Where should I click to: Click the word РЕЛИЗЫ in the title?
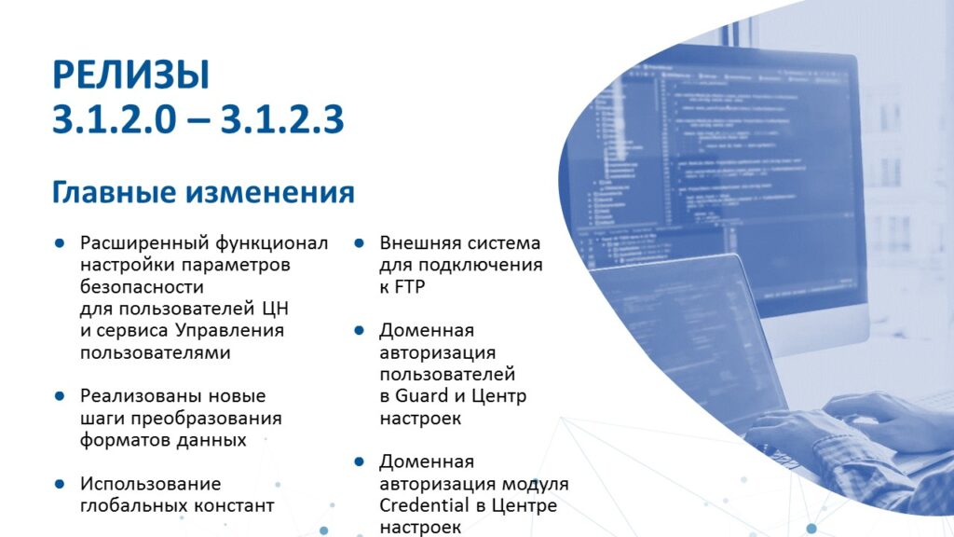[130, 76]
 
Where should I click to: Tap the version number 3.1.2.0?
[114, 118]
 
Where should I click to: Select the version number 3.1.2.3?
[282, 118]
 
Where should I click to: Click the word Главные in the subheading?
[115, 192]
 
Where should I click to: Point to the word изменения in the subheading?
[270, 192]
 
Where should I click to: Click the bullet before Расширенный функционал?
[60, 243]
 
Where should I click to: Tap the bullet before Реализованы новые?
[60, 396]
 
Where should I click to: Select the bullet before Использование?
[60, 484]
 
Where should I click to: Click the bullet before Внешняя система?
[359, 243]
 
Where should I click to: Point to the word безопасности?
[142, 287]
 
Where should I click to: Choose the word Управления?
[229, 331]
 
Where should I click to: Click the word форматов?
[119, 440]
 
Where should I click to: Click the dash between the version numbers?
[198, 121]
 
